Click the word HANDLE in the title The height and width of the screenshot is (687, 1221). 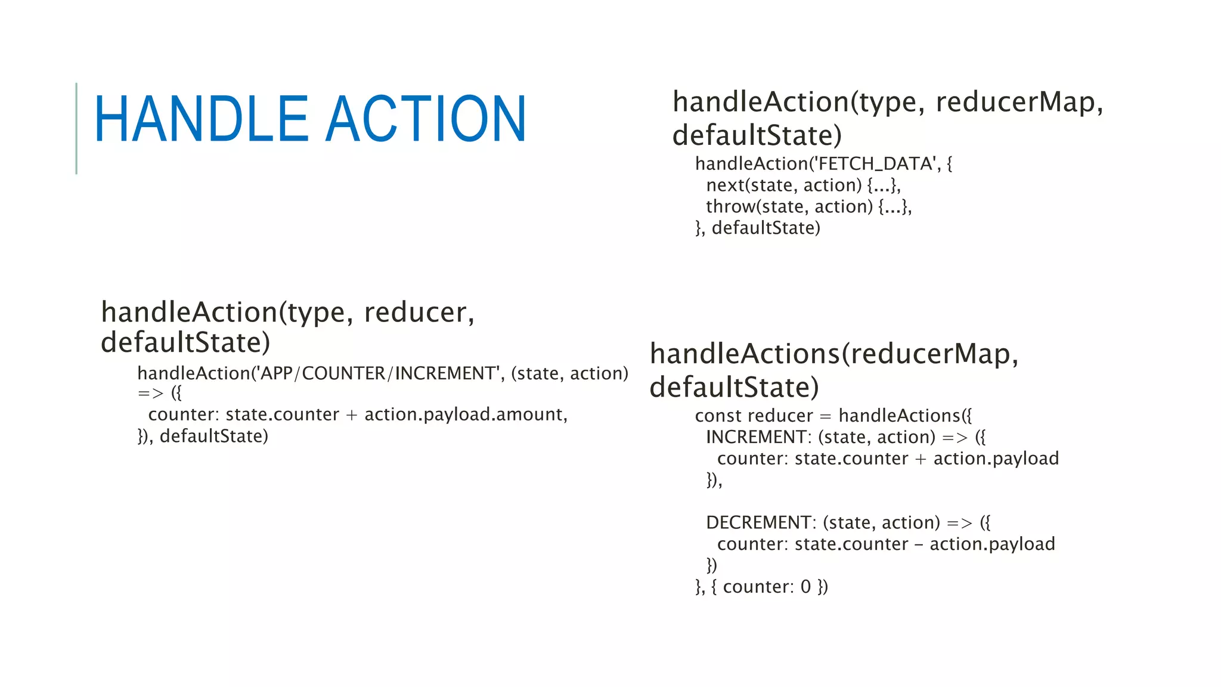201,119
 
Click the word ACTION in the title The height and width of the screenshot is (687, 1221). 426,119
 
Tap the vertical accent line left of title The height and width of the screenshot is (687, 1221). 76,128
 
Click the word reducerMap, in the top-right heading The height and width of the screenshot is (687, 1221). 1019,102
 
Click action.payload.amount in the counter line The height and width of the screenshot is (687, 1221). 466,414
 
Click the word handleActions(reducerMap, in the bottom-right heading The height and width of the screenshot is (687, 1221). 834,354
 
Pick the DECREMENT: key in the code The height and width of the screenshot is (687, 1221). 761,522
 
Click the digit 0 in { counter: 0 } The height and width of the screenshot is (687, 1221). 805,587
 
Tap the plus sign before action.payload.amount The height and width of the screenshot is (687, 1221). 352,415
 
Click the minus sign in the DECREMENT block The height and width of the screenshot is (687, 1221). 919,544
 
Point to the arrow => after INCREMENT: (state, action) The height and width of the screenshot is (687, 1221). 955,438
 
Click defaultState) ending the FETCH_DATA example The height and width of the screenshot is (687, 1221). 766,228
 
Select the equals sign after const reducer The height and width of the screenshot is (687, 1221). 825,416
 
